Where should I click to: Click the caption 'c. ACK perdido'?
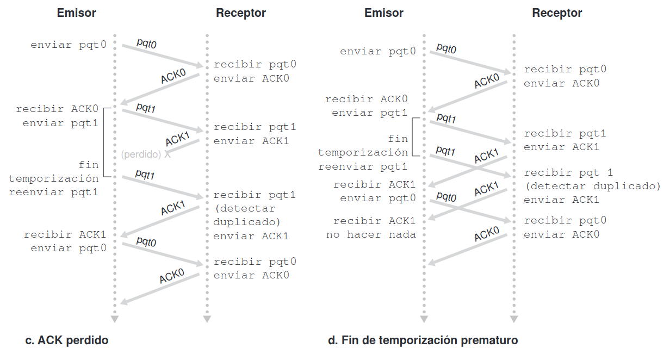(67, 341)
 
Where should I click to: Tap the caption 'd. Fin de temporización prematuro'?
(423, 341)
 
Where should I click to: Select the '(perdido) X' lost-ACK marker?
(146, 154)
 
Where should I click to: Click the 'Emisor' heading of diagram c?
(77, 13)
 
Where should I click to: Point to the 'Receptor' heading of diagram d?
(557, 13)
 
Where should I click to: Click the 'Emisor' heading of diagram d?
(384, 13)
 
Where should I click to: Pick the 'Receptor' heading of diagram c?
(241, 13)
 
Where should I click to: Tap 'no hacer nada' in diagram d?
(371, 235)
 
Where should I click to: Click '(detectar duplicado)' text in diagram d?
(592, 187)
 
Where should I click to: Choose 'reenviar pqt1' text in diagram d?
(363, 166)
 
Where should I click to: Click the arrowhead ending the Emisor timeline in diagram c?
(115, 319)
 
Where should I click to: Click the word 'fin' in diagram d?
(398, 139)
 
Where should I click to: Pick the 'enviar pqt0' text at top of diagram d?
(378, 52)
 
